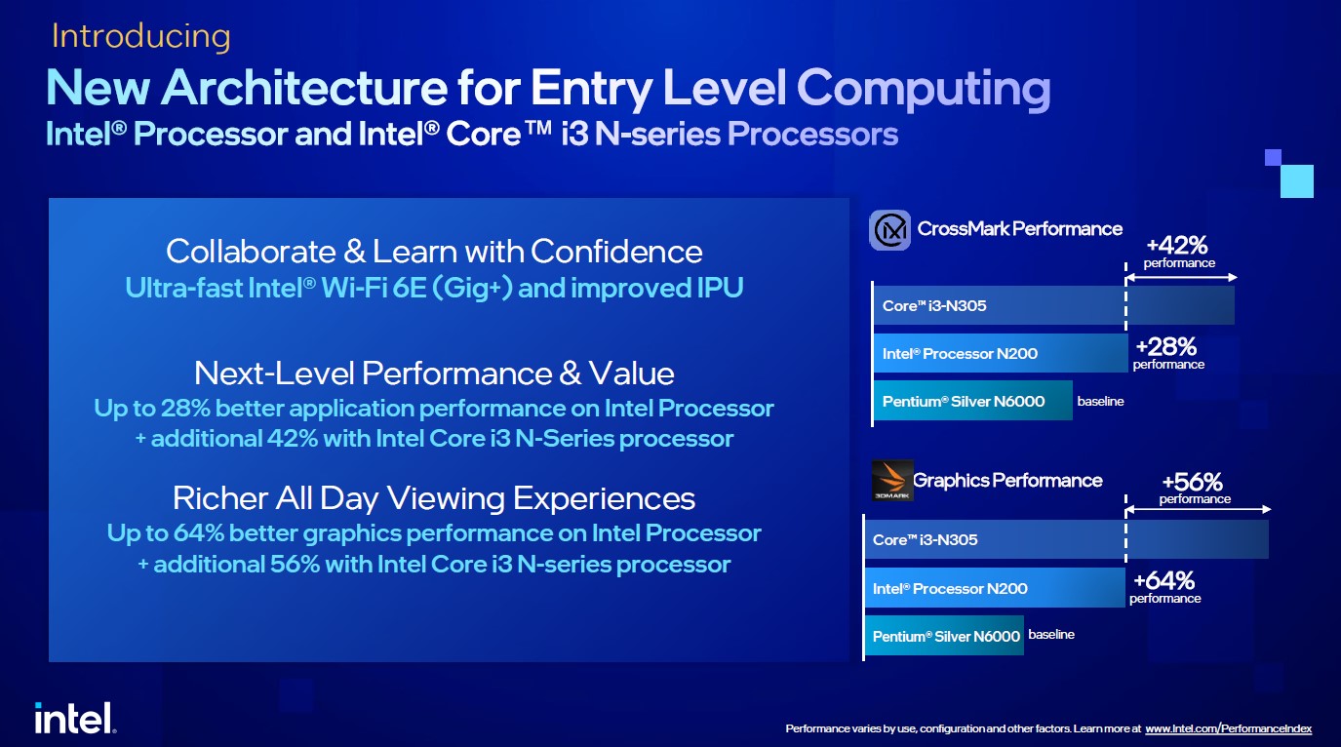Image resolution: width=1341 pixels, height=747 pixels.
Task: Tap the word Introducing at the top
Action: [141, 36]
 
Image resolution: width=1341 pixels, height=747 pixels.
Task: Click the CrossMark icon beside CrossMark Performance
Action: [889, 230]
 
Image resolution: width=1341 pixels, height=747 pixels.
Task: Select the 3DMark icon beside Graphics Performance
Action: [892, 480]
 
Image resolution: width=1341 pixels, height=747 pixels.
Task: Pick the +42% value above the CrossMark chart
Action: [1177, 245]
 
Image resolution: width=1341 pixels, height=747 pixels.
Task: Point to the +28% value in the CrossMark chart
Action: [1166, 346]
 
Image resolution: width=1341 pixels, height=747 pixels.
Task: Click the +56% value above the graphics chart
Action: [1193, 482]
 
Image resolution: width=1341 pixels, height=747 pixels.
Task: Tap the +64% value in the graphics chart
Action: [1164, 580]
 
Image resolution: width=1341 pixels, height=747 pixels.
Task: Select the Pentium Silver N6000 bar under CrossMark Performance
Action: [972, 401]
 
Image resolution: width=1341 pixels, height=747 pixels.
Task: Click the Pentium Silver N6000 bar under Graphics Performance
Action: [944, 635]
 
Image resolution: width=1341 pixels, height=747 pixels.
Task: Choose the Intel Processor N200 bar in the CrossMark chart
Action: [1001, 353]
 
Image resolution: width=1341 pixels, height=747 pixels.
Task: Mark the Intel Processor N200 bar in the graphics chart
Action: [995, 588]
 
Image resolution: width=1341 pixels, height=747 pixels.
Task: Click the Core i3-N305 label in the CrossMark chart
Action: [934, 305]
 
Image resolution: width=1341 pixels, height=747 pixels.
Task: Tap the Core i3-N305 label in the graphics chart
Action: [925, 539]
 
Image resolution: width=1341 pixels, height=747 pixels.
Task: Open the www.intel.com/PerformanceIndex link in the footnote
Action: [1229, 728]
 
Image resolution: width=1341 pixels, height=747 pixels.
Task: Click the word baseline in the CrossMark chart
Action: [1100, 401]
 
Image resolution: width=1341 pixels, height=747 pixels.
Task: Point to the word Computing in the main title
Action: [924, 89]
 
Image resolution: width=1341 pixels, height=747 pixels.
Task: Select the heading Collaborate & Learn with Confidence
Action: [434, 252]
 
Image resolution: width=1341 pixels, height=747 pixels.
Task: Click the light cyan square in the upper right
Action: [1297, 181]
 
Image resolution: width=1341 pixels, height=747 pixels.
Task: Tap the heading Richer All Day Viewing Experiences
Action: [434, 498]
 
